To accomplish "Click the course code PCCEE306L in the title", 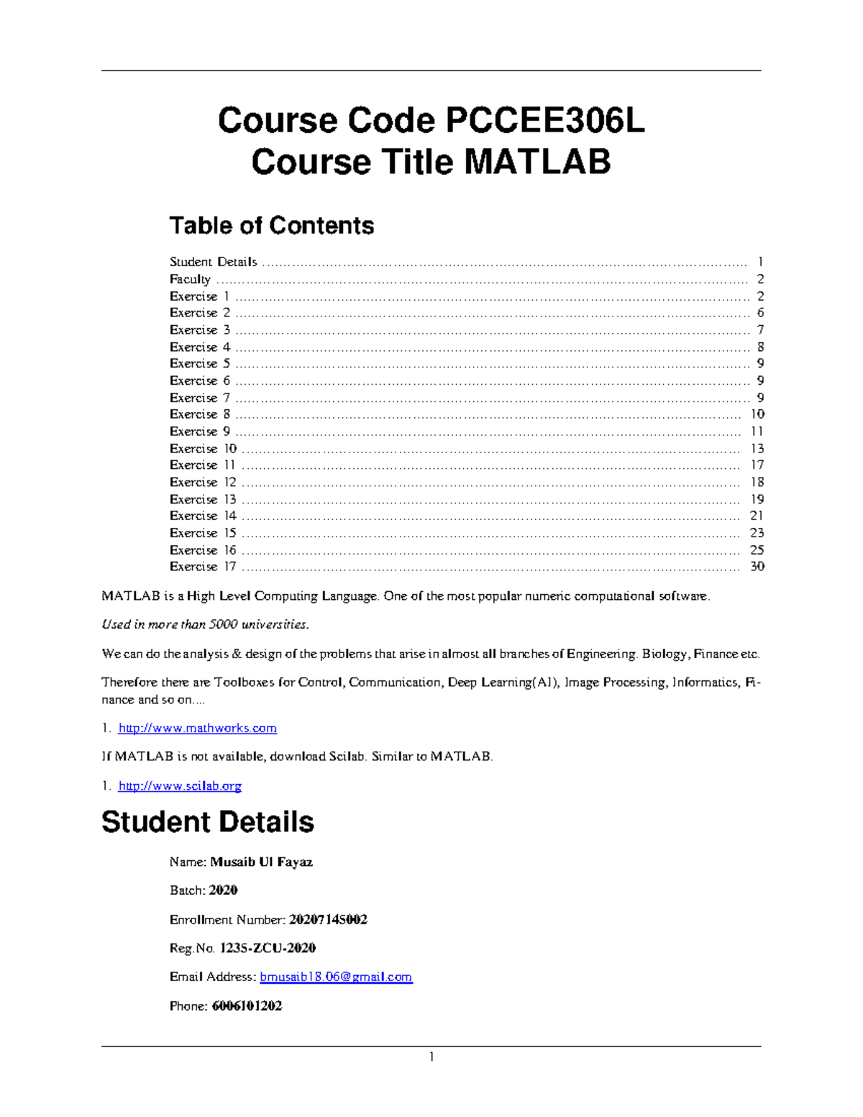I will coord(545,121).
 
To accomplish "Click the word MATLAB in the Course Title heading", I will coord(537,162).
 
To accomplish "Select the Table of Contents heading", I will coord(271,226).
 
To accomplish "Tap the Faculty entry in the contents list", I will coord(190,279).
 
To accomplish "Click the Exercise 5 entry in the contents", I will coord(199,364).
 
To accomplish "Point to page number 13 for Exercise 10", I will coord(757,449).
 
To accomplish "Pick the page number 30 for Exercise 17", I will coord(757,567).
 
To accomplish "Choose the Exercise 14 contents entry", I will coord(203,516).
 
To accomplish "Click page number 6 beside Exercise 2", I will coord(760,313).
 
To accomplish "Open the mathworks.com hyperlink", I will coord(197,729).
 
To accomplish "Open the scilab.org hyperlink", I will coord(180,786).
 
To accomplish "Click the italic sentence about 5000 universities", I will coord(205,624).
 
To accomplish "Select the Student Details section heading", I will coord(208,822).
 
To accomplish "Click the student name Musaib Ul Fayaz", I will coord(261,862).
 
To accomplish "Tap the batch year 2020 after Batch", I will coord(223,890).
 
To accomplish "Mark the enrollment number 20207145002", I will coord(328,920).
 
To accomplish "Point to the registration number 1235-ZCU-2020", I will coord(268,948).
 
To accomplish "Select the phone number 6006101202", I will coord(247,1006).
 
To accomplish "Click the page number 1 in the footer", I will coord(431,1057).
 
